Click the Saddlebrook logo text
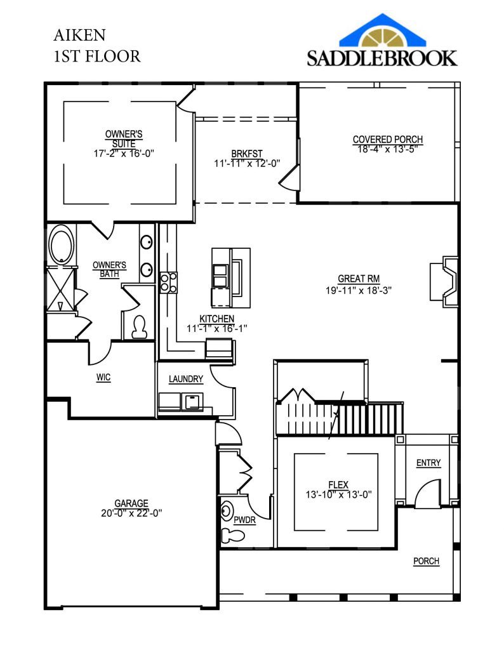(x=382, y=58)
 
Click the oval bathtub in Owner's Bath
(x=61, y=247)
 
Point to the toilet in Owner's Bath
(x=138, y=326)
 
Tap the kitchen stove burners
(x=168, y=282)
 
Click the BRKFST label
(x=247, y=153)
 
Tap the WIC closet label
(x=103, y=377)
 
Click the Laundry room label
(x=186, y=380)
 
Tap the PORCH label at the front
(x=426, y=561)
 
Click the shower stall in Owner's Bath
(x=61, y=289)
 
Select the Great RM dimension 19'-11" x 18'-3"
(x=360, y=291)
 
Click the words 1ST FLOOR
(x=96, y=56)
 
